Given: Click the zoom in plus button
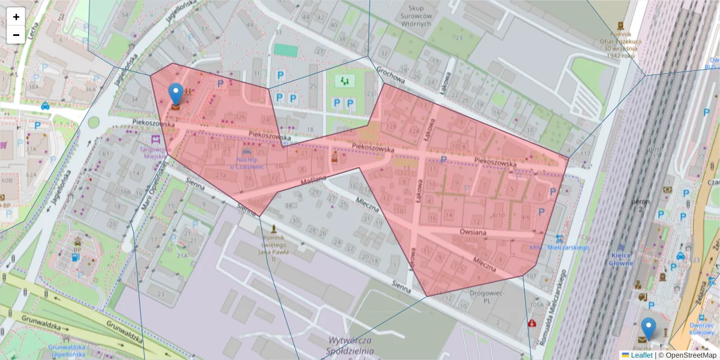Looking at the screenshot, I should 16,17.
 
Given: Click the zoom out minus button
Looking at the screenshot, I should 16,35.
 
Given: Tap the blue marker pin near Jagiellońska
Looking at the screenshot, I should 175,95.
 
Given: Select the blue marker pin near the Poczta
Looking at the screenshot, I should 648,329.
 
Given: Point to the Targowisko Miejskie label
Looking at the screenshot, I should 152,152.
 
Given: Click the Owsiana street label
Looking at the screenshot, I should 472,232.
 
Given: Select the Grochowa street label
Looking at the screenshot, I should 391,77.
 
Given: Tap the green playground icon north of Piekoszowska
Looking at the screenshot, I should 344,80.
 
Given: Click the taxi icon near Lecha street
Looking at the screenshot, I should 45,106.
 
